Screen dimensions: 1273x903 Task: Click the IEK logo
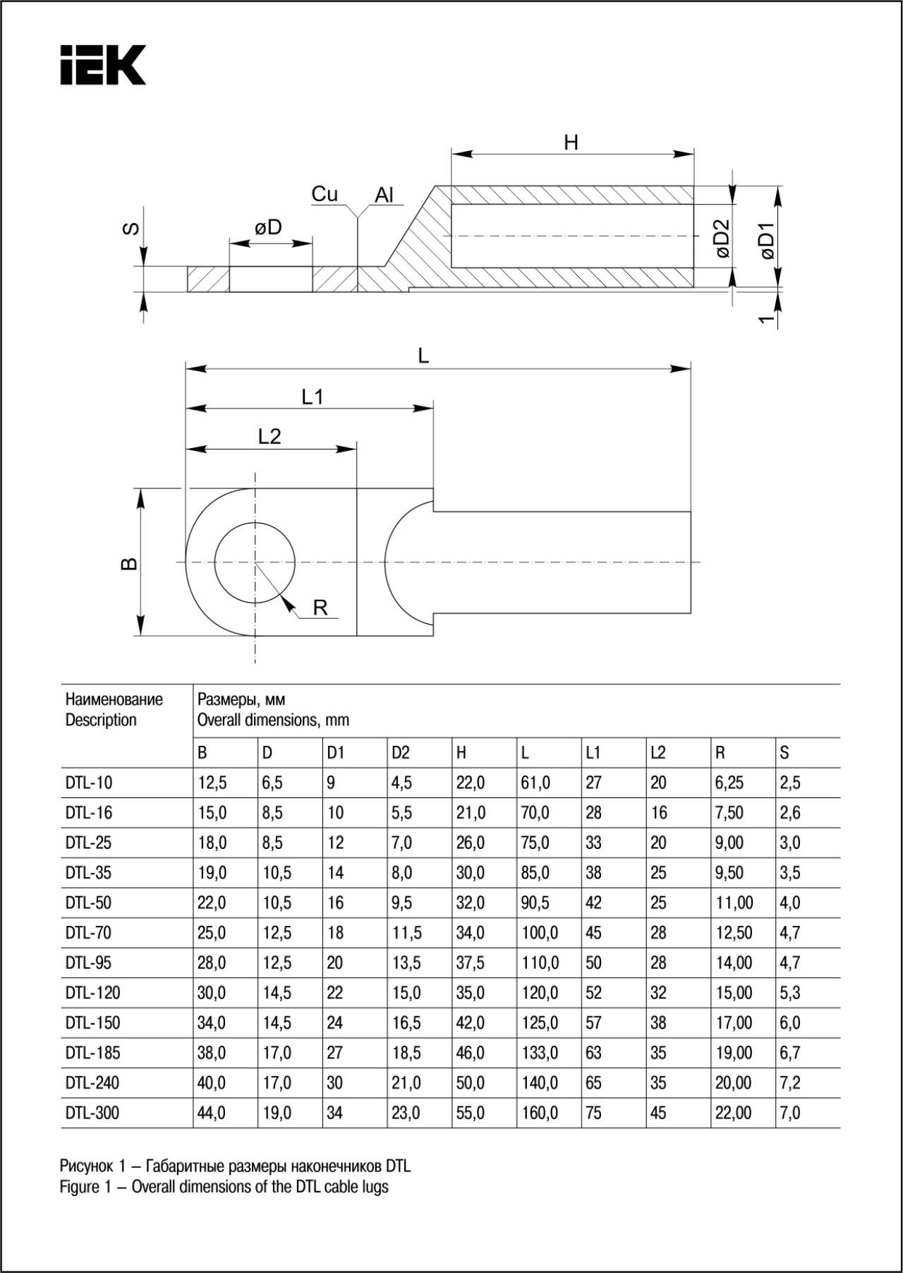coord(103,65)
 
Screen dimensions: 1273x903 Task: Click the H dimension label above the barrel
coord(571,143)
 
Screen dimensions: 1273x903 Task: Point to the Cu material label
coord(325,194)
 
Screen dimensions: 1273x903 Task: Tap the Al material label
coord(384,195)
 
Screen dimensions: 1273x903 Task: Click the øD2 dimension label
coord(722,239)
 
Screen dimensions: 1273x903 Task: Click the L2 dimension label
coord(269,436)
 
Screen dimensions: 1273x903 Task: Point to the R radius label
coord(320,607)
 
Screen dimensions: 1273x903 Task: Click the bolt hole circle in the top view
coord(255,563)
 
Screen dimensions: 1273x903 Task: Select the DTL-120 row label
coord(92,993)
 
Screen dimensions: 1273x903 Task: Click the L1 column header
coord(593,753)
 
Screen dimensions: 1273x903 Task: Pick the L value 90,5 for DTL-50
coord(535,903)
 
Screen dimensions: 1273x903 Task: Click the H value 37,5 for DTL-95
coord(470,963)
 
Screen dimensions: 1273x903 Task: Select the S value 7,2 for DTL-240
coord(790,1082)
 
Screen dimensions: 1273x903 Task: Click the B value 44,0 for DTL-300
coord(212,1113)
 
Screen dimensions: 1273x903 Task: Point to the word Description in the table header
coord(101,720)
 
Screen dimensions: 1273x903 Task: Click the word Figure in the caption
coord(79,1187)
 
